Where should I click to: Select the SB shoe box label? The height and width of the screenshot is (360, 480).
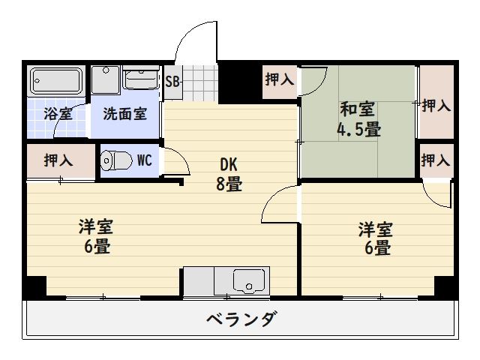172,81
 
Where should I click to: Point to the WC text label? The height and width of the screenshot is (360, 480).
145,160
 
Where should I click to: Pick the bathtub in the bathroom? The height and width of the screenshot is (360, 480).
56,79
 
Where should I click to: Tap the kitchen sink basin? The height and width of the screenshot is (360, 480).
246,282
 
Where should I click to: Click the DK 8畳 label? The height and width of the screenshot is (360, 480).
229,174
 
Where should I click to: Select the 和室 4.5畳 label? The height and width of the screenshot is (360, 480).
358,119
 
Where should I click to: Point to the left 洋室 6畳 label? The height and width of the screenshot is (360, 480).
97,236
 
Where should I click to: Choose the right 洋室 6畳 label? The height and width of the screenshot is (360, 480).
374,238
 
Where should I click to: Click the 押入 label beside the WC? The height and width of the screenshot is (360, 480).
59,160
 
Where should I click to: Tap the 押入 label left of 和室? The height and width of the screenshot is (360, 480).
279,79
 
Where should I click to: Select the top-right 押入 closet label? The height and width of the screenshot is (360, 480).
436,106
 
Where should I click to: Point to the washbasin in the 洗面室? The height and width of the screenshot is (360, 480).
141,79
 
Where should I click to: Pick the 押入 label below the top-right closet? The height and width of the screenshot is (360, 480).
436,160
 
